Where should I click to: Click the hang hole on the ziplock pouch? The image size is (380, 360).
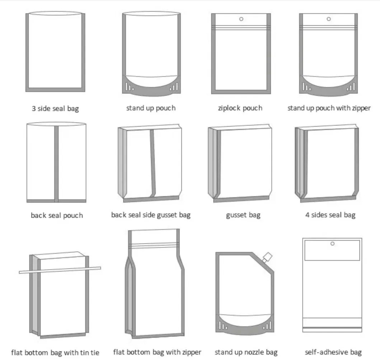click(241, 19)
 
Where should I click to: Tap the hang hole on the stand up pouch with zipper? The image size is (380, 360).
click(329, 19)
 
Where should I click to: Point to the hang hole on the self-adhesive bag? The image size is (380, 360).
click(333, 243)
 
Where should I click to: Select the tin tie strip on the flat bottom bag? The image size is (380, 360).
click(60, 270)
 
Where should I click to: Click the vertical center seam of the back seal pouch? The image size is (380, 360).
click(56, 164)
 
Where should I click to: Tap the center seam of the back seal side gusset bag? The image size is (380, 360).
click(153, 163)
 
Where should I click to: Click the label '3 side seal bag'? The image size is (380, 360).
click(55, 108)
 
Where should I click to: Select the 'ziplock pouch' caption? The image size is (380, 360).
click(240, 108)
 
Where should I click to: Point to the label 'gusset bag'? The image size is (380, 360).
click(243, 215)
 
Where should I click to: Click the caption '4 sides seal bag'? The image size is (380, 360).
click(330, 215)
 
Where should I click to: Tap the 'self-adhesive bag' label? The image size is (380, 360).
click(333, 352)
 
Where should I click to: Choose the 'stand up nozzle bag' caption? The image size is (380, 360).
click(246, 352)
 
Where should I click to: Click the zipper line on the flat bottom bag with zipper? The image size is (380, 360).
click(154, 246)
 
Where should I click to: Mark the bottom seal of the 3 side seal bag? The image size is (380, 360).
click(55, 90)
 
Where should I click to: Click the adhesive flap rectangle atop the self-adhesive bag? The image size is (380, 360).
click(332, 250)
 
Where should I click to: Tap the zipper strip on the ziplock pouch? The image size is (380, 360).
click(241, 27)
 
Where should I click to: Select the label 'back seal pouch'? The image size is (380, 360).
click(57, 215)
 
